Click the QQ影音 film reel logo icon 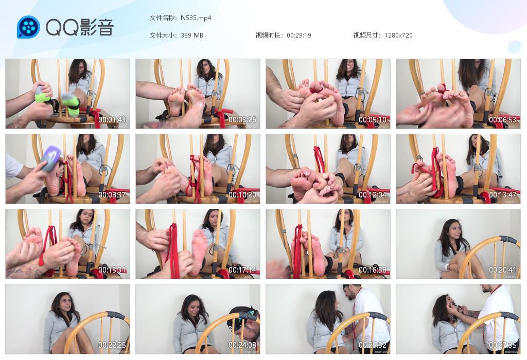[x=28, y=27]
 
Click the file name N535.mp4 [x=196, y=18]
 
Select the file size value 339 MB [x=192, y=35]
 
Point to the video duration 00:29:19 [x=299, y=35]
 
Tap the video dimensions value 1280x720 [x=398, y=35]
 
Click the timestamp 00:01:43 [x=112, y=120]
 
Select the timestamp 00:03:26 [x=242, y=120]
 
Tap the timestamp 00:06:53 [x=502, y=120]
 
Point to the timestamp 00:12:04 [x=373, y=195]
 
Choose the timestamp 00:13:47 [x=502, y=195]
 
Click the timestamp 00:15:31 [x=112, y=270]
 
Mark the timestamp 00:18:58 [x=373, y=270]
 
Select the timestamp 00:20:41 [x=502, y=270]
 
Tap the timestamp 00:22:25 [x=112, y=345]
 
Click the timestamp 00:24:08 [x=242, y=345]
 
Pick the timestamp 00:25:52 [x=373, y=345]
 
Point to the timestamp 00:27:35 [x=502, y=345]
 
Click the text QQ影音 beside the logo [x=79, y=27]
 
